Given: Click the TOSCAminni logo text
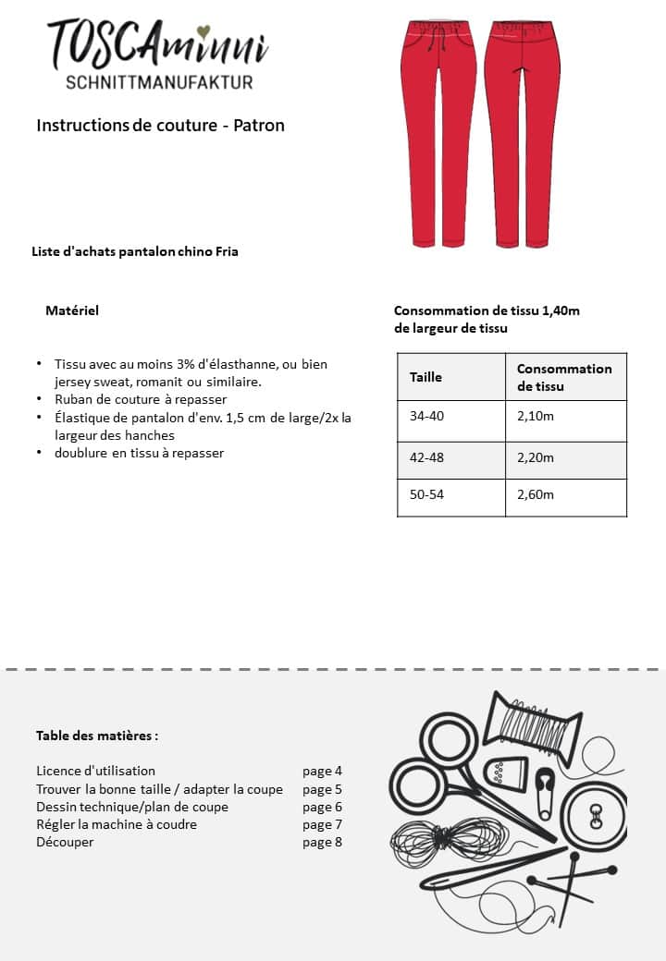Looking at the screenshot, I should pos(158,44).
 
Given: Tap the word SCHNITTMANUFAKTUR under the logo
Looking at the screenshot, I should pos(159,82).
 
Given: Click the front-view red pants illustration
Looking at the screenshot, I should pos(438,134).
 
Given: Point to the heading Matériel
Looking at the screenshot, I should pos(72,310).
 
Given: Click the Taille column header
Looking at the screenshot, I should pos(426,377).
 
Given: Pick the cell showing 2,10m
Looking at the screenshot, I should pos(536,417).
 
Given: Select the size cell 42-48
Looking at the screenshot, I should pos(427,457).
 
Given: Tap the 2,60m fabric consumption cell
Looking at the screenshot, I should pos(536,494).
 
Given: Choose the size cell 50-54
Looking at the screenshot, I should pos(427,494).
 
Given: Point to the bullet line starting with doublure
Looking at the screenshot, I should pos(139,453).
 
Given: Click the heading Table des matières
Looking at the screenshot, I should pos(97,736).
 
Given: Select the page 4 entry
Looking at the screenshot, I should pos(322,771).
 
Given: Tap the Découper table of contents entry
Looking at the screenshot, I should pos(65,842).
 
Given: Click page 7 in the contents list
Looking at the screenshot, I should pos(322,824).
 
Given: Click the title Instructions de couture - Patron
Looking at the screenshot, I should pos(160,125).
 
